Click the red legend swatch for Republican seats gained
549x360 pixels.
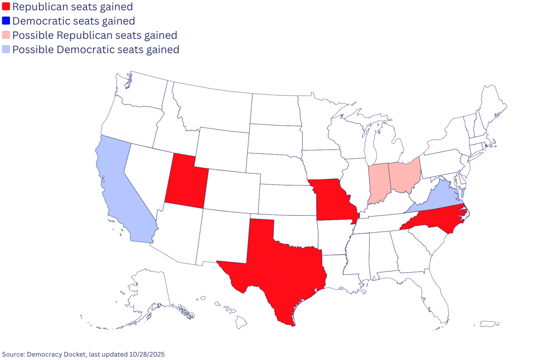click(x=6, y=7)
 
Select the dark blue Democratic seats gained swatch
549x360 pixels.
click(x=6, y=21)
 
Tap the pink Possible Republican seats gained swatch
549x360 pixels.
click(x=6, y=35)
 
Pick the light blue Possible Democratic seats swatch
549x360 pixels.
click(x=6, y=49)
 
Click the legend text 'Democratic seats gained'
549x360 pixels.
click(x=74, y=21)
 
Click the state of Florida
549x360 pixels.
click(x=435, y=293)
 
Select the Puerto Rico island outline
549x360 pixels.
click(x=488, y=324)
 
